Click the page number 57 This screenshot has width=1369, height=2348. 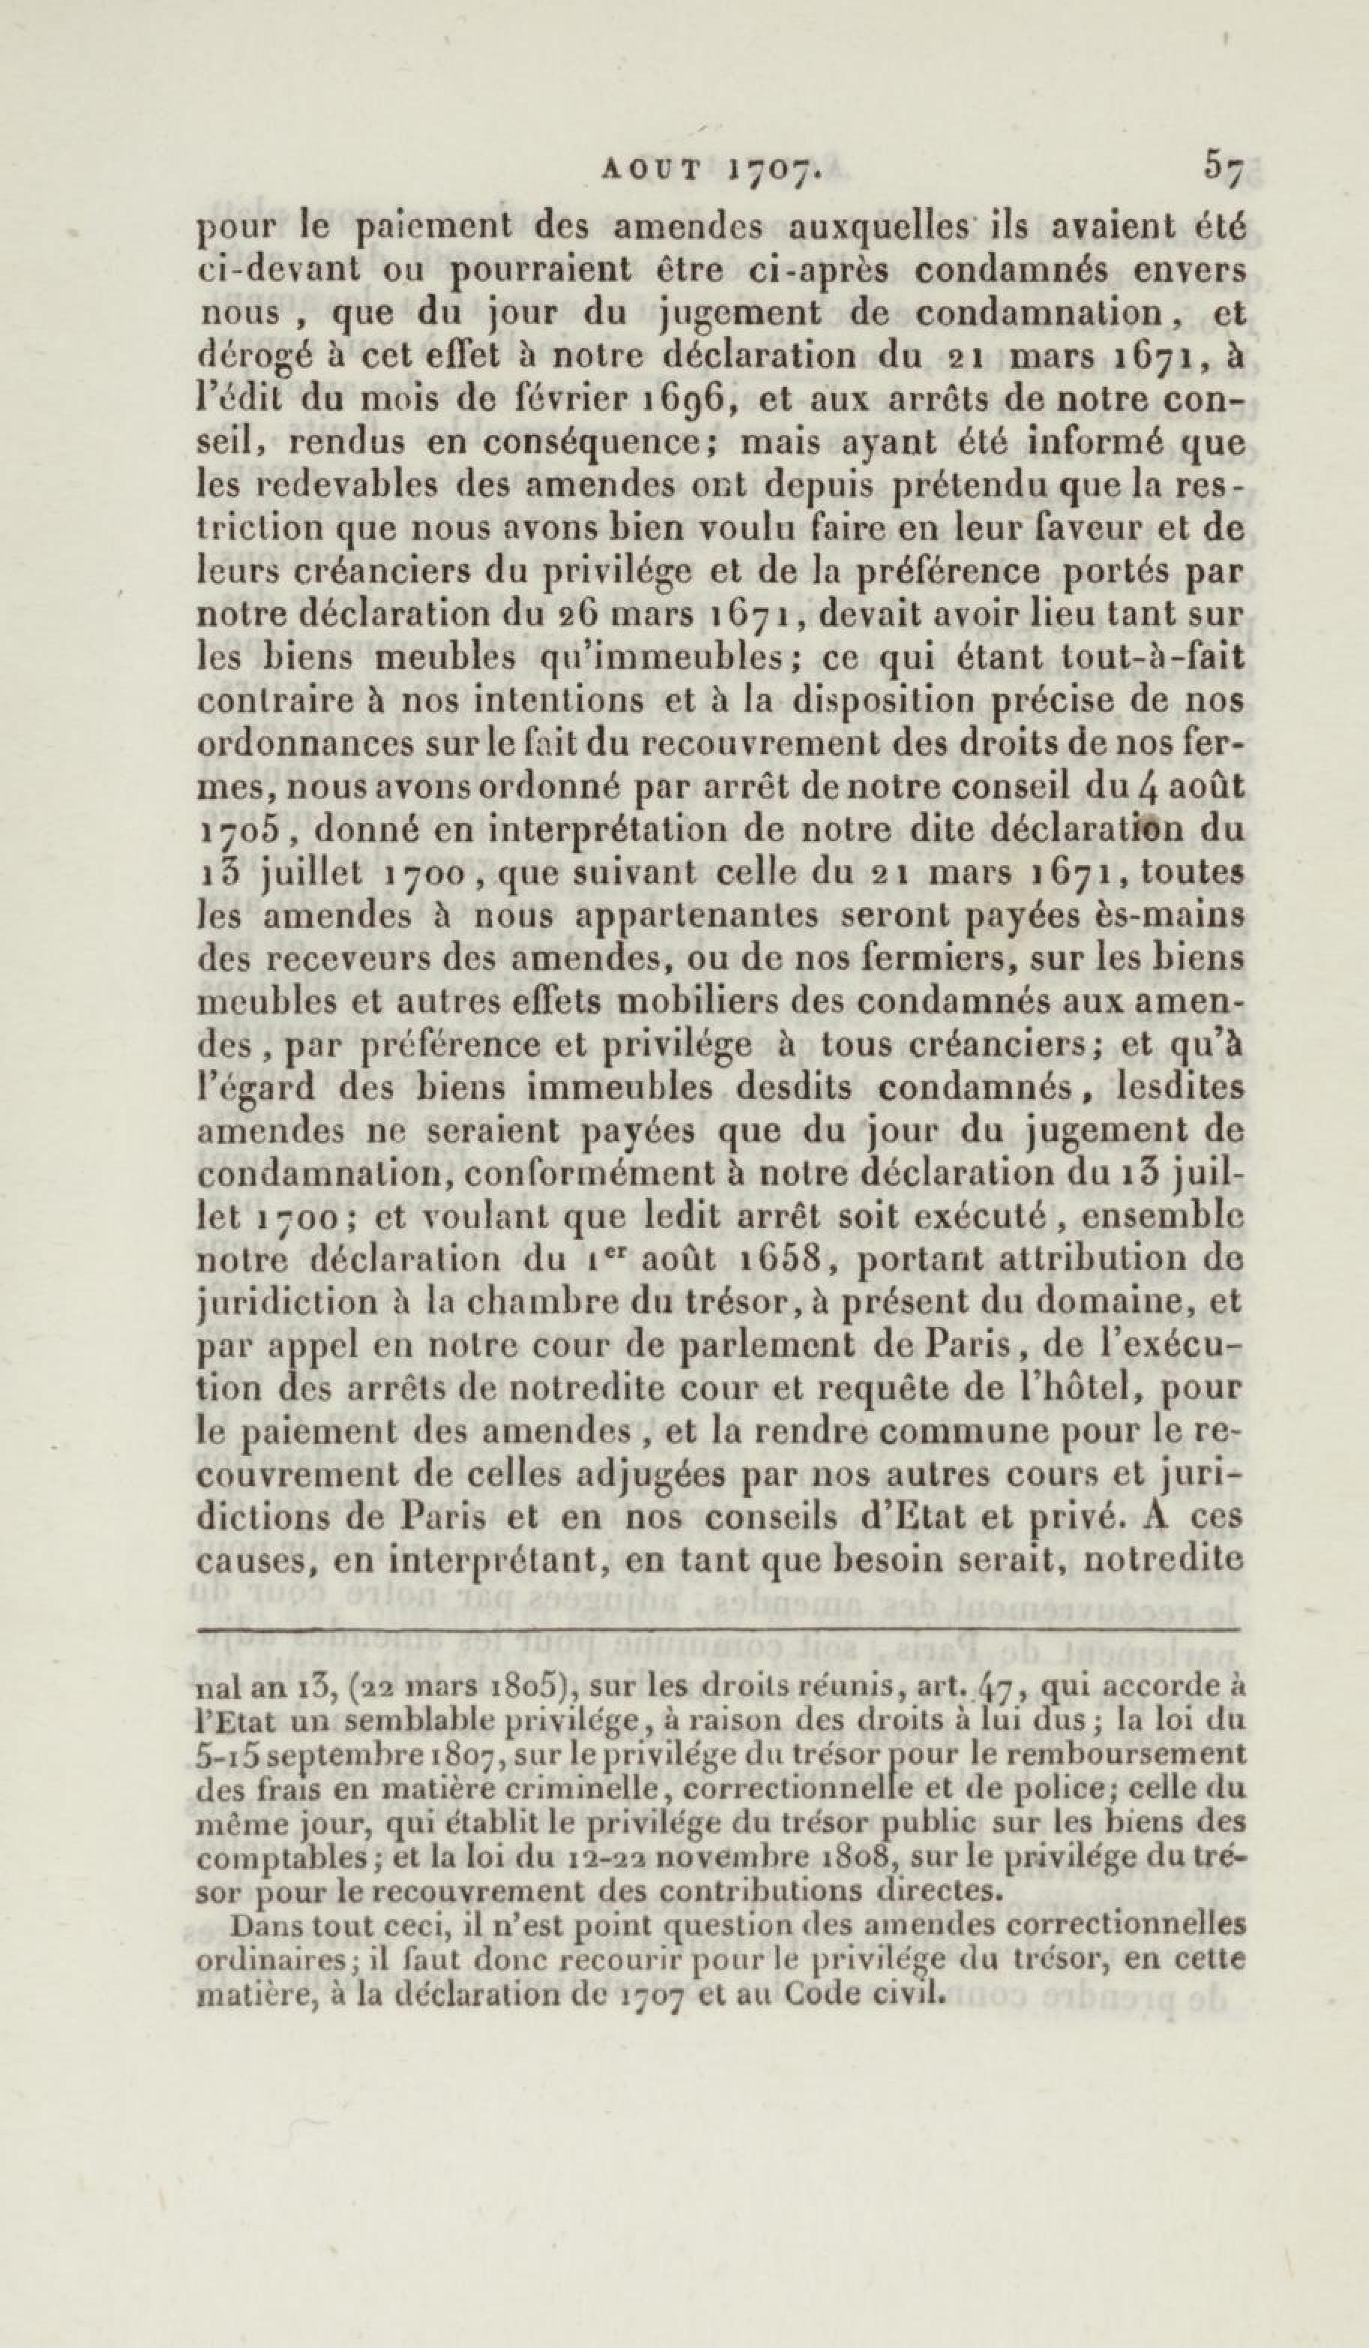click(1223, 170)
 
